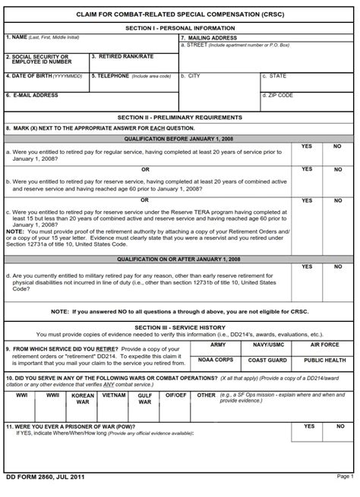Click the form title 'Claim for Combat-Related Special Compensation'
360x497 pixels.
point(180,14)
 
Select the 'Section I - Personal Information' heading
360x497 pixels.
point(180,28)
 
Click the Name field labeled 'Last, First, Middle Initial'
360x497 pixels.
point(90,44)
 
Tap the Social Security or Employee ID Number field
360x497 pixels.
point(46,62)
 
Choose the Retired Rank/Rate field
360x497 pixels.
point(133,62)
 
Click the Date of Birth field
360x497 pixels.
point(46,81)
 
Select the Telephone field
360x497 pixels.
point(133,81)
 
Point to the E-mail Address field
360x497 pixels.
point(90,101)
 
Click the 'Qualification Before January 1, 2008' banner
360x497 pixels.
point(180,139)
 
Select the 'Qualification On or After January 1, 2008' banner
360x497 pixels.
point(180,259)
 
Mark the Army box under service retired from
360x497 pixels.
point(218,349)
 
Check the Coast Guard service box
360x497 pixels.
point(271,364)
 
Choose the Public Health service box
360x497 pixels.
point(324,364)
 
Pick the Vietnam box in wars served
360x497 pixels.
point(114,402)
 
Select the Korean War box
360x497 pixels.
point(83,402)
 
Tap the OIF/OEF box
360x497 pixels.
point(175,402)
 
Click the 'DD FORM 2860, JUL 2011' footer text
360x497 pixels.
point(45,476)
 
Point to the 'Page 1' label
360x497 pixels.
point(344,476)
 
